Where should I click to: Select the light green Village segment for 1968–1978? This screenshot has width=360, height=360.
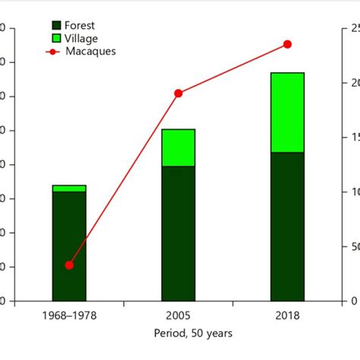[x=69, y=188]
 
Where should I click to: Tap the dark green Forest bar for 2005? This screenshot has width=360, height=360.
[x=178, y=232]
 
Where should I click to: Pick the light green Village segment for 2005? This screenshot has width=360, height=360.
[x=178, y=147]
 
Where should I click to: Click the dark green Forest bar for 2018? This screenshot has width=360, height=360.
[x=287, y=226]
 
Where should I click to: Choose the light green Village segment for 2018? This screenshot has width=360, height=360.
[x=287, y=112]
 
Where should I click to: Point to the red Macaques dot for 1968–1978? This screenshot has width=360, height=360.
[x=69, y=265]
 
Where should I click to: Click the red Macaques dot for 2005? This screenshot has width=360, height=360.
[x=178, y=93]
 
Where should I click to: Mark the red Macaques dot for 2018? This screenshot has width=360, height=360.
[x=287, y=44]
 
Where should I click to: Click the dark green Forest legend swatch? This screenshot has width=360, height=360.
[x=55, y=25]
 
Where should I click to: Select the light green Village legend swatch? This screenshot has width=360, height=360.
[x=55, y=38]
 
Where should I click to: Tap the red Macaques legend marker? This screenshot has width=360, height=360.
[x=53, y=52]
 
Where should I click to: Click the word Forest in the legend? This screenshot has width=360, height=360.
[x=80, y=25]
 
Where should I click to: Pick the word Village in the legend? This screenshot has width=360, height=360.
[x=81, y=38]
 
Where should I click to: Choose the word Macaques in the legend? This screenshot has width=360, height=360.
[x=90, y=52]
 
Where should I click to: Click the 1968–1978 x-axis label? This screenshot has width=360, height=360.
[x=69, y=315]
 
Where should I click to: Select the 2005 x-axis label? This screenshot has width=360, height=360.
[x=178, y=315]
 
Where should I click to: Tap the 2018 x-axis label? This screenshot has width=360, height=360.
[x=287, y=315]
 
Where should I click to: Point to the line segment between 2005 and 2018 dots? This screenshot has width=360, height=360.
[x=233, y=68]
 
